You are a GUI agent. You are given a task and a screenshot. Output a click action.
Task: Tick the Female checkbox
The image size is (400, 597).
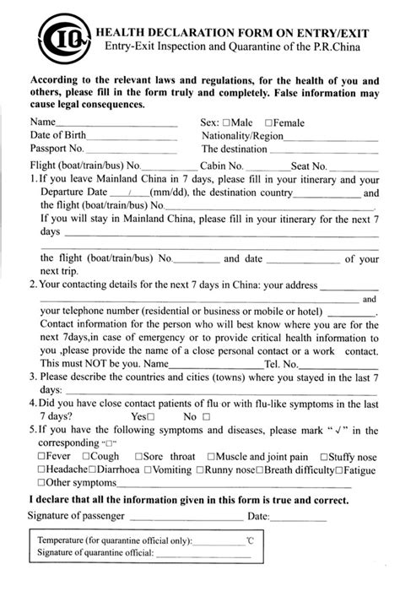point(268,122)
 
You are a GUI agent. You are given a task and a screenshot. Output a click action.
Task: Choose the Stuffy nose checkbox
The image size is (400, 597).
point(324,457)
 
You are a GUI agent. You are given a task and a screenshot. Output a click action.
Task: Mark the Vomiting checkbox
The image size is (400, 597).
point(150,469)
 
